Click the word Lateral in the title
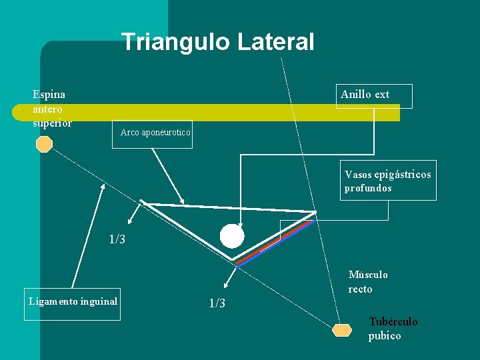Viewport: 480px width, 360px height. (x=275, y=42)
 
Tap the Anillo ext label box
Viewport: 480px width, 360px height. (x=374, y=95)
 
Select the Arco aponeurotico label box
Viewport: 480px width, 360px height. (x=155, y=133)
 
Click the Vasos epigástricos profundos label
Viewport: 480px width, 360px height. (x=387, y=181)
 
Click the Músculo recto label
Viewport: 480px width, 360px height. (x=368, y=282)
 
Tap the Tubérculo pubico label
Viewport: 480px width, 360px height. (x=393, y=329)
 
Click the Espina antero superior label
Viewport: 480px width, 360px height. (x=52, y=108)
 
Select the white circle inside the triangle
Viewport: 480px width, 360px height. (x=232, y=236)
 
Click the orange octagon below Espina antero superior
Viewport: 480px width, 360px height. (x=44, y=144)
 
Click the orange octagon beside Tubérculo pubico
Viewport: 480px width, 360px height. (x=342, y=330)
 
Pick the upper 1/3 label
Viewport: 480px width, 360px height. (x=117, y=239)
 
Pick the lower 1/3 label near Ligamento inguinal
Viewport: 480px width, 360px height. (x=217, y=304)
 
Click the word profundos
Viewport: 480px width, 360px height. (x=368, y=188)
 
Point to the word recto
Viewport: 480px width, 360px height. (x=360, y=289)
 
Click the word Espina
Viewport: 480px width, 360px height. (x=49, y=95)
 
